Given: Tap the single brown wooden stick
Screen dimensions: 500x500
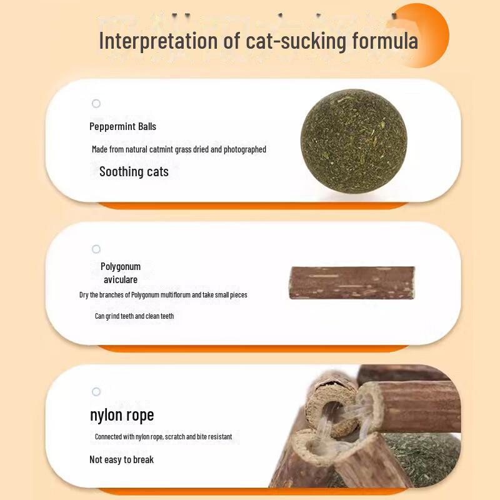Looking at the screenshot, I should point(352,282).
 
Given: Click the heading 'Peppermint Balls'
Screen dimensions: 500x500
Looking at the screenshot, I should point(122,126).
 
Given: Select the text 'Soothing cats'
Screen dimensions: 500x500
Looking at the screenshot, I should point(134,171).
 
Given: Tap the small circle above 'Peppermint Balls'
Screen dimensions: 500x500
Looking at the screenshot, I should point(96,104).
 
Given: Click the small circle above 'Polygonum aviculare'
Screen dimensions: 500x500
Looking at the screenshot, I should point(96,249).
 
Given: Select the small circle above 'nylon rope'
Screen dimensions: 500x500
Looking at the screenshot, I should point(96,392).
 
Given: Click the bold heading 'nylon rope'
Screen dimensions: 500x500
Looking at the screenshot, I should point(121,415).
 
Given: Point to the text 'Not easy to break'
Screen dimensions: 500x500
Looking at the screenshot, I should point(121,459).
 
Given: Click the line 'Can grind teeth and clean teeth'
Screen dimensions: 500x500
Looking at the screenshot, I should point(134,316).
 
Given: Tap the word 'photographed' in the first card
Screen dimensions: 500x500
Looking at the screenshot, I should point(246,149).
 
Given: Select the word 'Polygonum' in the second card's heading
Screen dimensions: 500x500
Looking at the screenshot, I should point(121,266).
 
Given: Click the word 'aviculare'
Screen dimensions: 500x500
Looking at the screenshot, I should point(121,279).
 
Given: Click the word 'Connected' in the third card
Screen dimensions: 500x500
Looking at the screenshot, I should point(110,437).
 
